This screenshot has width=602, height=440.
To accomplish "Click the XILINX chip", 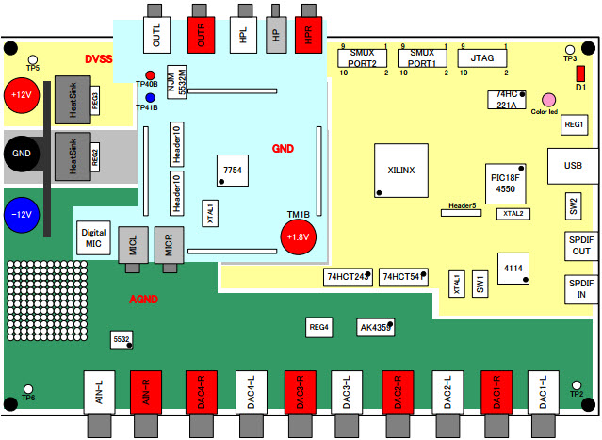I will click(401, 171).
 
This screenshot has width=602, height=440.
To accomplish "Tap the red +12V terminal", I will click(21, 95).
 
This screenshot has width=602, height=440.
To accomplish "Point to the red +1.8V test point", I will click(298, 236).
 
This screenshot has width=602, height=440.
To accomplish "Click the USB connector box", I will click(572, 166).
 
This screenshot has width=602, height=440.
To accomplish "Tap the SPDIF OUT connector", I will click(580, 246).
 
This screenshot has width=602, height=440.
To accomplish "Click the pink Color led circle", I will click(548, 99).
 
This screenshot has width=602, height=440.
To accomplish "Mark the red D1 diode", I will click(580, 73).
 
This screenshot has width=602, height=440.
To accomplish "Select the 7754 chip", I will click(232, 168).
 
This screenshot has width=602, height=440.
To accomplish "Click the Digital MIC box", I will click(93, 238).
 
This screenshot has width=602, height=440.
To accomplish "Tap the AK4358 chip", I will click(375, 328).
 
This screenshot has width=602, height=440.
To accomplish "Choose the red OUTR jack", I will click(201, 34).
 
